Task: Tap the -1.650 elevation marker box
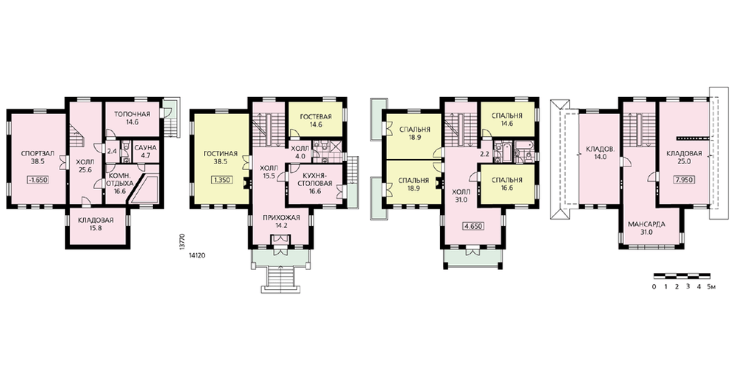[x=38, y=180]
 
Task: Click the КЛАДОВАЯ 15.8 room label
[x=96, y=224]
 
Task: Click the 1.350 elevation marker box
[x=223, y=180]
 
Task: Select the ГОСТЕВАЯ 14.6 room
[x=316, y=121]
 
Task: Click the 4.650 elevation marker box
[x=473, y=226]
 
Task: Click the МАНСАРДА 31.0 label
[x=646, y=228]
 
